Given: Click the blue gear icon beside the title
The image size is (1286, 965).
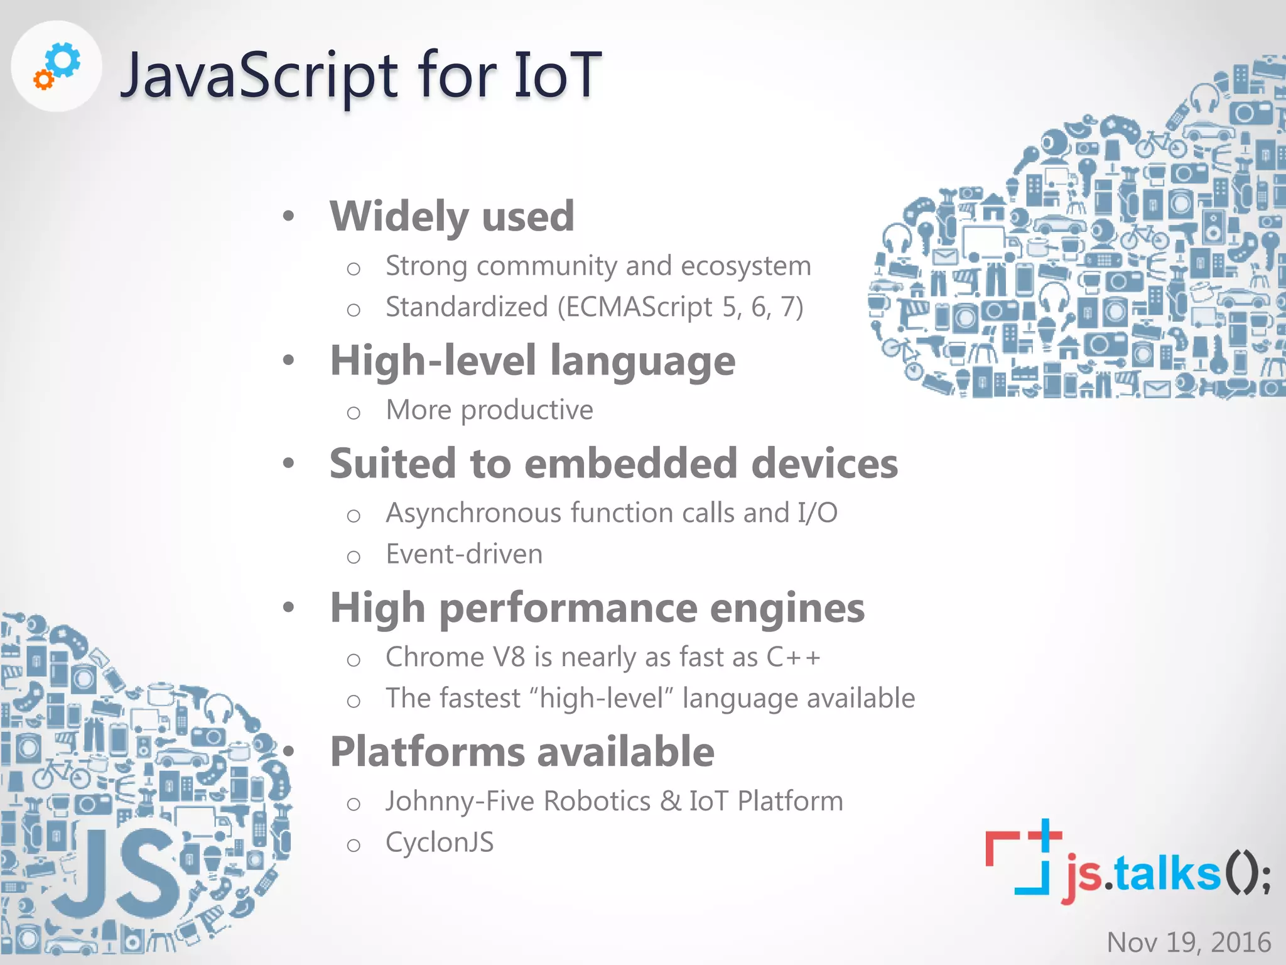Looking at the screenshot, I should pyautogui.click(x=64, y=61).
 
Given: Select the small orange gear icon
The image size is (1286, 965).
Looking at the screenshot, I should pyautogui.click(x=43, y=80).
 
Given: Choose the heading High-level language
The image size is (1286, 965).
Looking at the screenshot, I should pyautogui.click(x=532, y=361).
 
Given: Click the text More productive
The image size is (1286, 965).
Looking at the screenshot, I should pyautogui.click(x=489, y=410).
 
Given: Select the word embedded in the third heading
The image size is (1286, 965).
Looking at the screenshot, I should pyautogui.click(x=630, y=464).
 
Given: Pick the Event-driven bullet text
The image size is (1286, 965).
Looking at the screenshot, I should pyautogui.click(x=464, y=554).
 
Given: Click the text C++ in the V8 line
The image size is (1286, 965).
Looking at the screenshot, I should pyautogui.click(x=793, y=657).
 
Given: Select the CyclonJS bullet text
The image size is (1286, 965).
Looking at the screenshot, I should pyautogui.click(x=440, y=842).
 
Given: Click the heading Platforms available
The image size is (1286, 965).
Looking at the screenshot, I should pyautogui.click(x=522, y=752).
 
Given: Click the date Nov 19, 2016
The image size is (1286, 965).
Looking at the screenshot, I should pyautogui.click(x=1189, y=942).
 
